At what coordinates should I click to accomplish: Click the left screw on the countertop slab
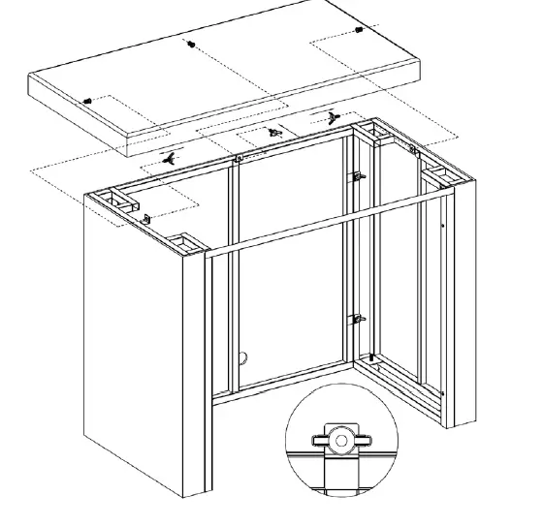pyautogui.click(x=89, y=101)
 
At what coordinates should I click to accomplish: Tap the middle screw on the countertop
pyautogui.click(x=192, y=45)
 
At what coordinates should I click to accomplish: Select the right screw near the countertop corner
pyautogui.click(x=361, y=30)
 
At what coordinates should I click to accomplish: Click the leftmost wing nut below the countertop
pyautogui.click(x=172, y=156)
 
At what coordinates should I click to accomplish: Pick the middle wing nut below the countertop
pyautogui.click(x=274, y=132)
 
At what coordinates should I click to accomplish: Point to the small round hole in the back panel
pyautogui.click(x=244, y=356)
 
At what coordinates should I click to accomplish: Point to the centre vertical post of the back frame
pyautogui.click(x=233, y=281)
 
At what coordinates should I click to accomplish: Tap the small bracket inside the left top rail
pyautogui.click(x=146, y=219)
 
